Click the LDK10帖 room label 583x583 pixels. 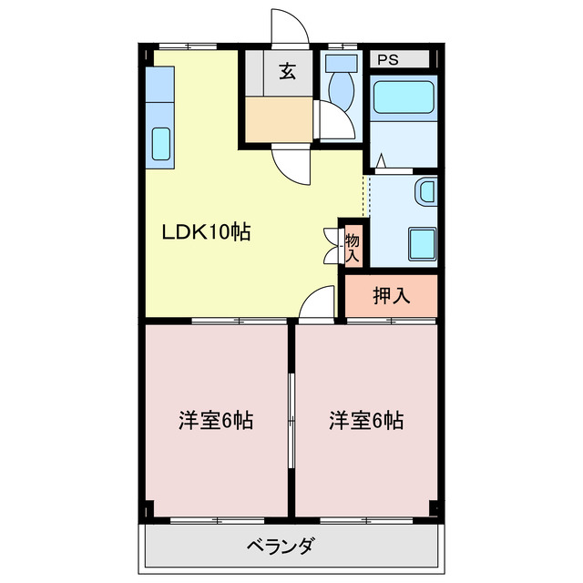pos(207,232)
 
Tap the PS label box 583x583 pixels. pos(388,60)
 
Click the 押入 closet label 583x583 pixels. pos(392,295)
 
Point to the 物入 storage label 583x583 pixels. pos(352,247)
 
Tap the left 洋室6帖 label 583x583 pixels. pos(215,421)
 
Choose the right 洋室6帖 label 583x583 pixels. pos(367,421)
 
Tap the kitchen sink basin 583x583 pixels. pos(160,144)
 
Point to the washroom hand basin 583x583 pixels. pos(424,193)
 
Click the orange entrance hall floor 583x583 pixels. pos(278,118)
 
